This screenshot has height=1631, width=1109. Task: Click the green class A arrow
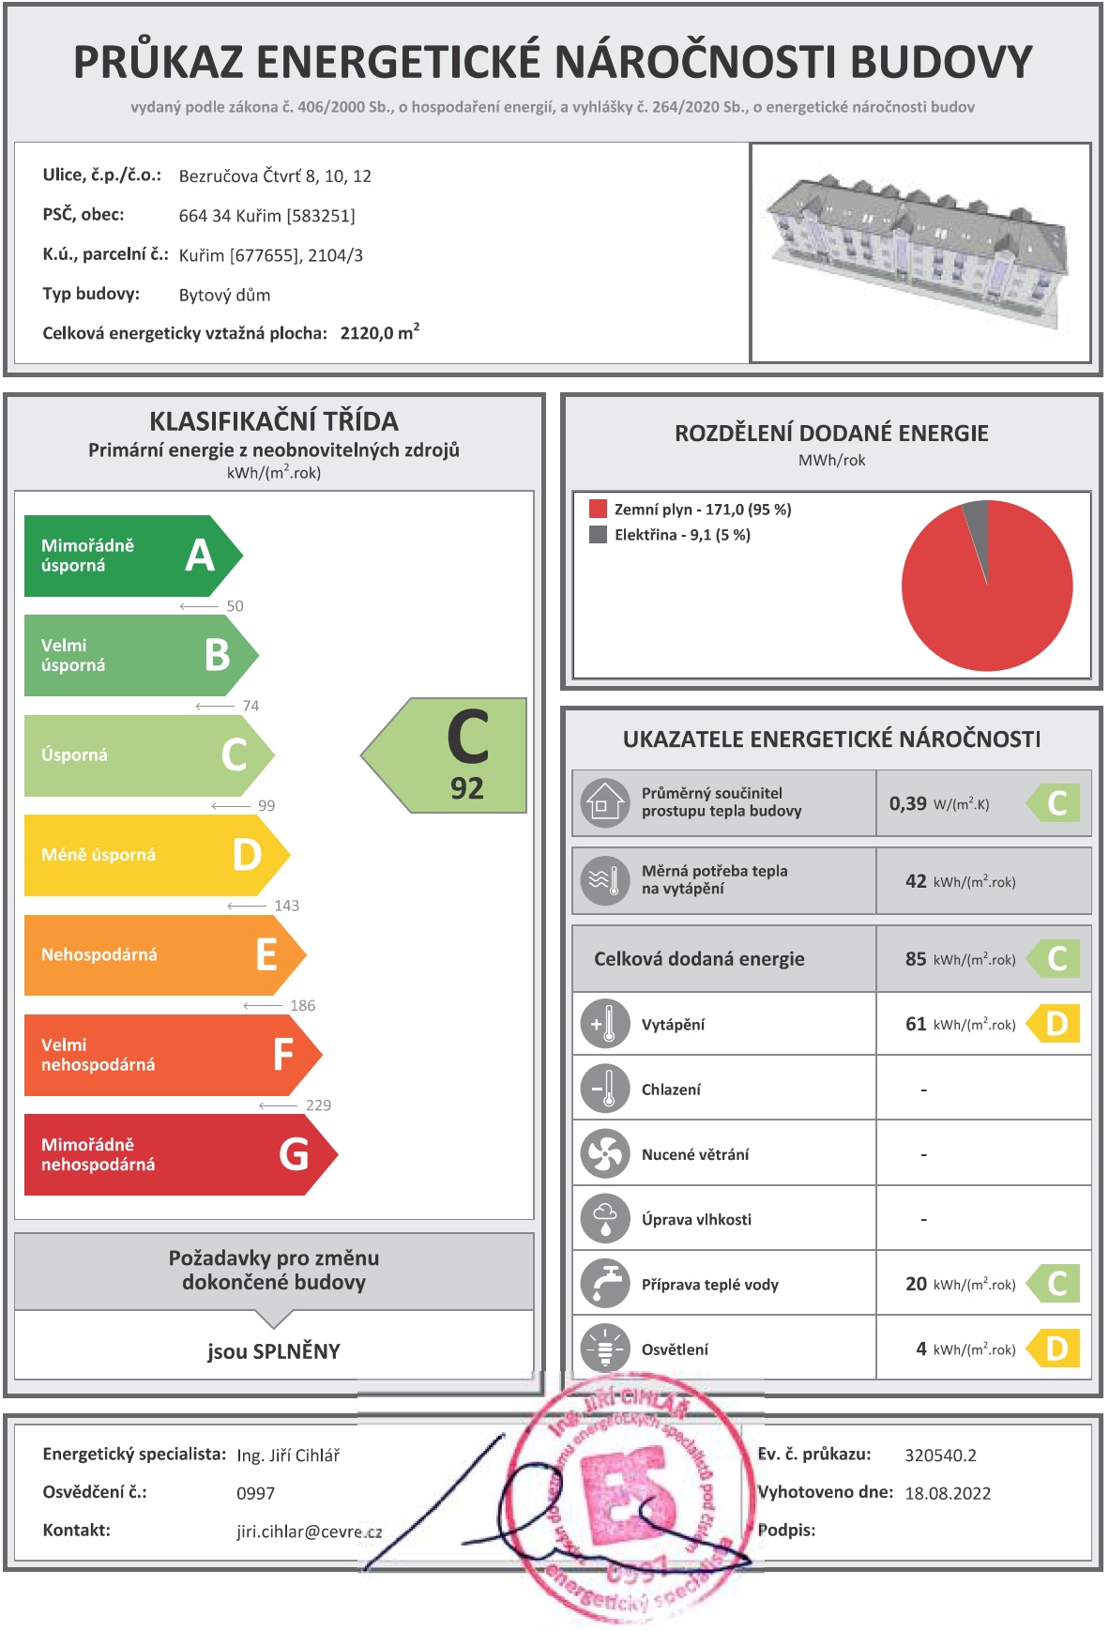131,556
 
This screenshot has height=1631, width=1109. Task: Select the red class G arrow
178,1154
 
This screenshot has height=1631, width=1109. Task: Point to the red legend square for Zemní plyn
598,510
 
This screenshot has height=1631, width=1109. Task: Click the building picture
919,252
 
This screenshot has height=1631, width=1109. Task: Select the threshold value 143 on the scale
286,906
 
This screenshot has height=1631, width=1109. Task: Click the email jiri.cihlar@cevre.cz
309,1532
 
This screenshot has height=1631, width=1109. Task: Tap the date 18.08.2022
948,1493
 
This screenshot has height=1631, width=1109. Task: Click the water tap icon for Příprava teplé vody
605,1284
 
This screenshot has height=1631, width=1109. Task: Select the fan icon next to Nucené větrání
605,1153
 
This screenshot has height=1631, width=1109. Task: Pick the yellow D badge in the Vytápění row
1056,1024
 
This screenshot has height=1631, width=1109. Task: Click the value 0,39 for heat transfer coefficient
907,803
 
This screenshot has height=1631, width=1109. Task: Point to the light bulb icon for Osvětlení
605,1349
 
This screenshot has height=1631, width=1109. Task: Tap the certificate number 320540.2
940,1455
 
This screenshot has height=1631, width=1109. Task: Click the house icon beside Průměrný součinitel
604,803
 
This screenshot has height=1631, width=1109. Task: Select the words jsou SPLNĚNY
274,1351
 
